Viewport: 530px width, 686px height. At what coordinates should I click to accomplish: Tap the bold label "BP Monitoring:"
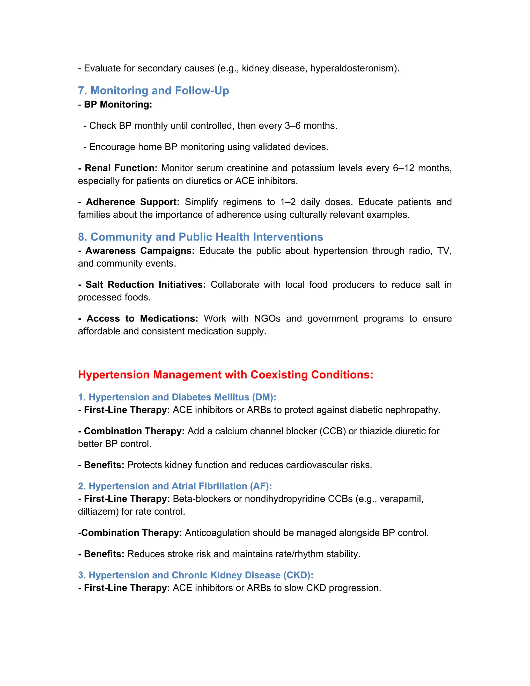coord(118,104)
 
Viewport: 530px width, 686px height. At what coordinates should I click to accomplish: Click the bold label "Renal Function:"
coord(121,168)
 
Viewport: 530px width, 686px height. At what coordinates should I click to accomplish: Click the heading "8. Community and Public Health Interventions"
coord(200,237)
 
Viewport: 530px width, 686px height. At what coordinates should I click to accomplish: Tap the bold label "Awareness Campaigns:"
coord(140,251)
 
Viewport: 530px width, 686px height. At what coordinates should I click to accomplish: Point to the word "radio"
coord(421,251)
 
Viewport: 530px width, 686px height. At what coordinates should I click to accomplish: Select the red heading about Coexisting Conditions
coord(225,375)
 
